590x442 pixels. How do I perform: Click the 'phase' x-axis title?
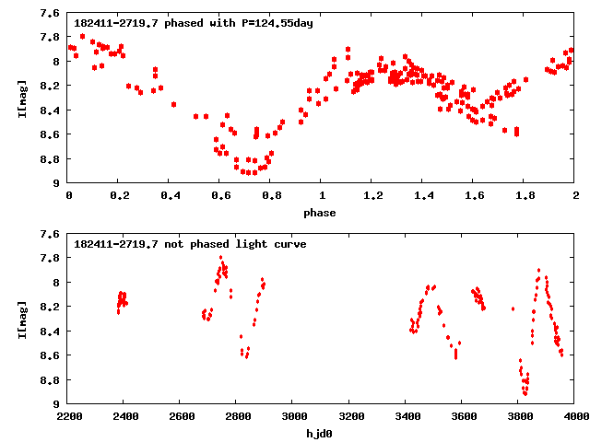(x=322, y=212)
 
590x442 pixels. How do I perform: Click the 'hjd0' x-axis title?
(x=322, y=433)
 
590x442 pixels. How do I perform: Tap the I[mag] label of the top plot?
(x=20, y=98)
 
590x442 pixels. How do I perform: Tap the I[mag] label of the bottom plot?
(x=20, y=319)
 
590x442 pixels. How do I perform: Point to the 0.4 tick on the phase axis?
(x=170, y=196)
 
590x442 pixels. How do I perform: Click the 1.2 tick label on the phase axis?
(x=372, y=196)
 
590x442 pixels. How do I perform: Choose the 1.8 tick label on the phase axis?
(x=525, y=196)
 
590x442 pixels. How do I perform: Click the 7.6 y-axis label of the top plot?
(x=53, y=14)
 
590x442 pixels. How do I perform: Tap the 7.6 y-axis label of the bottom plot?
(x=53, y=235)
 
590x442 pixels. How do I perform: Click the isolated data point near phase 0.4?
(x=173, y=104)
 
